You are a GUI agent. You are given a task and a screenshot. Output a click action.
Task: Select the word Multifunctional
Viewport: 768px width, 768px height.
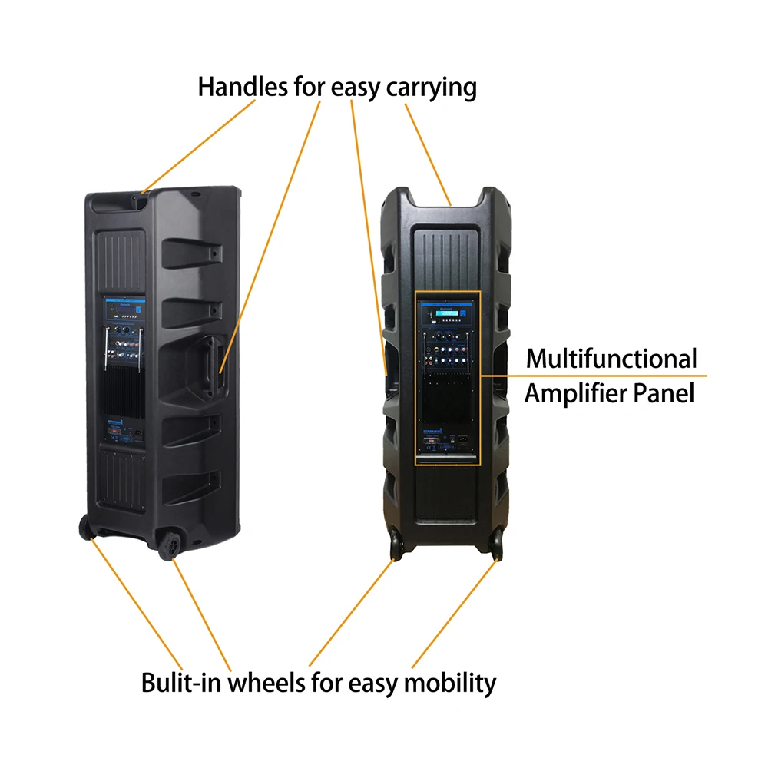[611, 359]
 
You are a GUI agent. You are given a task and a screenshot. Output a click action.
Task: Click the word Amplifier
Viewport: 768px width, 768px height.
[578, 394]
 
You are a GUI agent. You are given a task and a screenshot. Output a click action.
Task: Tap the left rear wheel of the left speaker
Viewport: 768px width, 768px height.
[84, 528]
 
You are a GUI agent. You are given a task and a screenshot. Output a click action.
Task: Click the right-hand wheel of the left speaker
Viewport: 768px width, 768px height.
[170, 542]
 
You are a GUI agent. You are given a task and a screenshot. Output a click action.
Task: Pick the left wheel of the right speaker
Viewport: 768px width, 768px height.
[395, 542]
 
